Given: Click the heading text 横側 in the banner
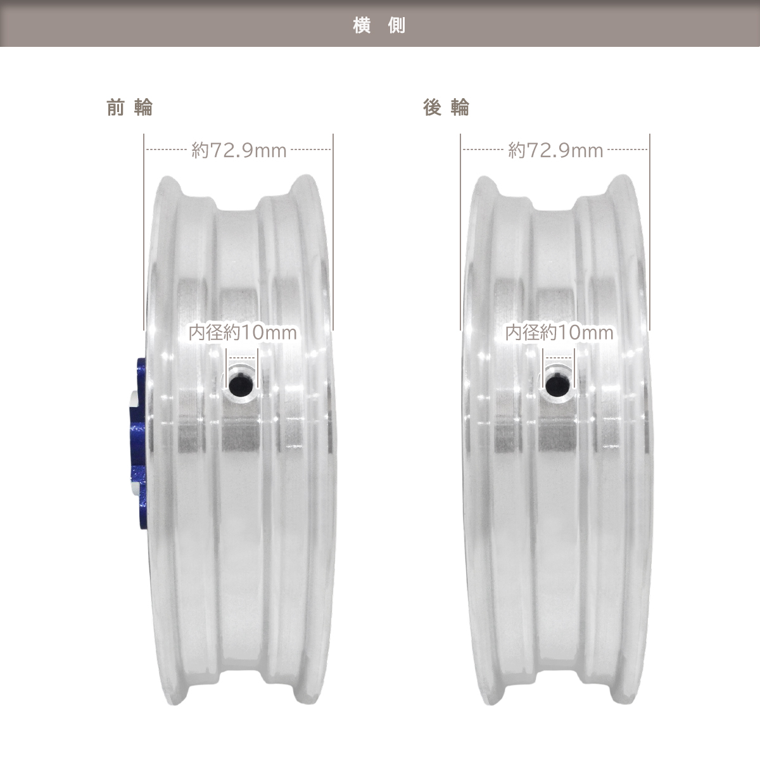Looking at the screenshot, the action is pyautogui.click(x=379, y=25).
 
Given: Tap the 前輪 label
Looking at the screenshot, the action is pyautogui.click(x=130, y=107).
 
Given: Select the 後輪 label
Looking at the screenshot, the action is pyautogui.click(x=446, y=107).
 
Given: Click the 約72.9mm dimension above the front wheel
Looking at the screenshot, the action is pyautogui.click(x=239, y=150).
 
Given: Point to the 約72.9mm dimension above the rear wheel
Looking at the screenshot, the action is pyautogui.click(x=555, y=150).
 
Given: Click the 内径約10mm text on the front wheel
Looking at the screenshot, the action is pyautogui.click(x=243, y=332).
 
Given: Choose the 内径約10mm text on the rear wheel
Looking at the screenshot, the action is pyautogui.click(x=559, y=332).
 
